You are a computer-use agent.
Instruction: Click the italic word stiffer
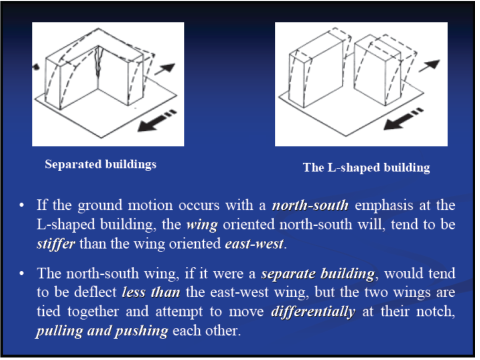[55, 244]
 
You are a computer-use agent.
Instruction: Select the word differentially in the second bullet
[313, 311]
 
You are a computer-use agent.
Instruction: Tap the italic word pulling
[59, 331]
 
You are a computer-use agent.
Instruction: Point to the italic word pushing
[141, 331]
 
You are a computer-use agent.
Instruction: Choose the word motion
[150, 205]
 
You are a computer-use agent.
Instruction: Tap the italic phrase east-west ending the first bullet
[254, 244]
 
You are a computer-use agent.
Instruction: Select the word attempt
[179, 312]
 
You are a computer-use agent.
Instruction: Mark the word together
[93, 312]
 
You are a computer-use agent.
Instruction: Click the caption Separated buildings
[100, 164]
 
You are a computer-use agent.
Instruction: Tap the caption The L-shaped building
[366, 168]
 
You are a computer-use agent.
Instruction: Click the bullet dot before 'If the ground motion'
[21, 205]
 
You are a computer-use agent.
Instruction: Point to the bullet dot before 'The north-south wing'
[21, 273]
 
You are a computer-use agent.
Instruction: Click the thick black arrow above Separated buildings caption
[156, 121]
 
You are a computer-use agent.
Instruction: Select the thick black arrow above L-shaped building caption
[403, 119]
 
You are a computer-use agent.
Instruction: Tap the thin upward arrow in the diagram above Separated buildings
[164, 69]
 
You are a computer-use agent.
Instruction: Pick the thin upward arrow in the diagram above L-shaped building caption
[429, 65]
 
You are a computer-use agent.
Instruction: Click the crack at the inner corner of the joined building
[98, 61]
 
